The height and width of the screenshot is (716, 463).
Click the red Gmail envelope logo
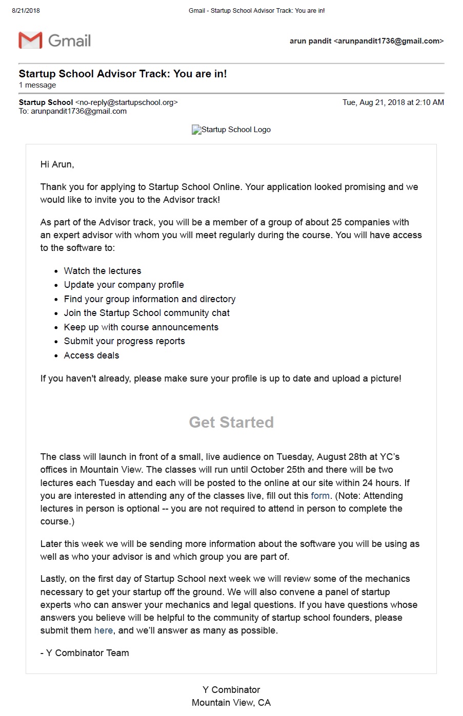[30, 40]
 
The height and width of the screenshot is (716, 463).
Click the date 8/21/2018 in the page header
[26, 11]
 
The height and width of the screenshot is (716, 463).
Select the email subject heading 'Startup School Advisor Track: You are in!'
[123, 74]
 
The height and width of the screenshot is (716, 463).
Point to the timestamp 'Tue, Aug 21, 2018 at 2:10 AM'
[393, 102]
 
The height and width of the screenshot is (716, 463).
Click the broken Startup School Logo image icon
[196, 130]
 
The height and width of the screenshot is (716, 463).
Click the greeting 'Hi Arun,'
[57, 164]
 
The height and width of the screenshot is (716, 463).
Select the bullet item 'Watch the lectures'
[102, 271]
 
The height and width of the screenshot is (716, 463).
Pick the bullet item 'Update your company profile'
[124, 285]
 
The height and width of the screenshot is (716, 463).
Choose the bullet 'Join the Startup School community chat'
[147, 313]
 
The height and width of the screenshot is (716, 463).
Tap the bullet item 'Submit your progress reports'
[124, 341]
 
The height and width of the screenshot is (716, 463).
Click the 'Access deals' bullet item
[91, 355]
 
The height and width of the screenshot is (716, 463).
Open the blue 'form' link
[320, 496]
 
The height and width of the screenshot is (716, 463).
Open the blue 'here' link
[103, 630]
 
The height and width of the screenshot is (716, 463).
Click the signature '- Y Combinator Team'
[85, 653]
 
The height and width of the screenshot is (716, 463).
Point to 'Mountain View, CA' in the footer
[231, 703]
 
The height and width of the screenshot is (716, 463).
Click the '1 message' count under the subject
[37, 85]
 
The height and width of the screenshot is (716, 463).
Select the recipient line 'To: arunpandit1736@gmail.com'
[73, 111]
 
